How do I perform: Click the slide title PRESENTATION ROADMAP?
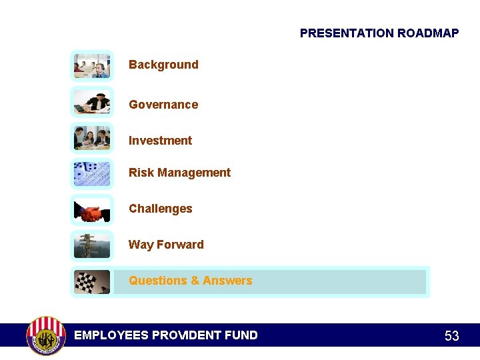coord(379,33)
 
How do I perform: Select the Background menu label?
coord(163,65)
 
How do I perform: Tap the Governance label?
coord(163,105)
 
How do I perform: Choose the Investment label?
coord(160,141)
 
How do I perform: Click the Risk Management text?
coord(179,173)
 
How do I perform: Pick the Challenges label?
coord(160,209)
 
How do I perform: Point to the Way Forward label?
coord(166,245)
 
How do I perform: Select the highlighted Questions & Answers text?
coord(190,281)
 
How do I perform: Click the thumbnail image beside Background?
coord(92,66)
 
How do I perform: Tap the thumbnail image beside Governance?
coord(92,103)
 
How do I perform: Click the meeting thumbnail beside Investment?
coord(92,138)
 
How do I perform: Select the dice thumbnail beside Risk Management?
coord(92,174)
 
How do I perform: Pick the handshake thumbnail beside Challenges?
coord(92,210)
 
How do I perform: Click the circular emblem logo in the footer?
coord(45,335)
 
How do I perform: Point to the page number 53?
coord(451,336)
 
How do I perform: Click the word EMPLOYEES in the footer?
coord(111,335)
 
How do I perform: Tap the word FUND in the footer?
coord(241,335)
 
